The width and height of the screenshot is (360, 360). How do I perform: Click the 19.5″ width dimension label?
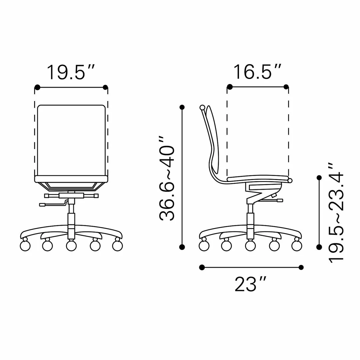pos(71,72)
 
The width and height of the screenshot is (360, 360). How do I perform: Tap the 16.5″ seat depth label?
pos(257,72)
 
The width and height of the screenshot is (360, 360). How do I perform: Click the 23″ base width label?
pos(250,284)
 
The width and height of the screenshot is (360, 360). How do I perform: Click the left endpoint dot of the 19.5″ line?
pos(38,87)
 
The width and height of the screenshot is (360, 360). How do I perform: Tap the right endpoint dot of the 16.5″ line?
pos(286,87)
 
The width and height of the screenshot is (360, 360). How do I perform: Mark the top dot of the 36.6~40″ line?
pos(182,107)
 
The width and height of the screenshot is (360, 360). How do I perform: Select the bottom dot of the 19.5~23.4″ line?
pos(319,247)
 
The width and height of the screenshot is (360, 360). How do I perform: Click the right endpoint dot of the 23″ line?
pos(301,267)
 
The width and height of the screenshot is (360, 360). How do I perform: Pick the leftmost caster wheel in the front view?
pos(25,246)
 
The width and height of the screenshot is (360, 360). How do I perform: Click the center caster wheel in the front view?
pos(71,246)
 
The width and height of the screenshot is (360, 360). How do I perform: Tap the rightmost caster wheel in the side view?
pos(296,246)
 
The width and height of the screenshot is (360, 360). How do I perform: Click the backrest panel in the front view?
pos(71,140)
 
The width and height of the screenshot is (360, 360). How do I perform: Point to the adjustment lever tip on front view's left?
pos(42,205)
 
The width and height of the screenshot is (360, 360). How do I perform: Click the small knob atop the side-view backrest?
pos(202,107)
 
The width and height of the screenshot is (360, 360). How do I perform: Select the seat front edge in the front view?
pos(71,179)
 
